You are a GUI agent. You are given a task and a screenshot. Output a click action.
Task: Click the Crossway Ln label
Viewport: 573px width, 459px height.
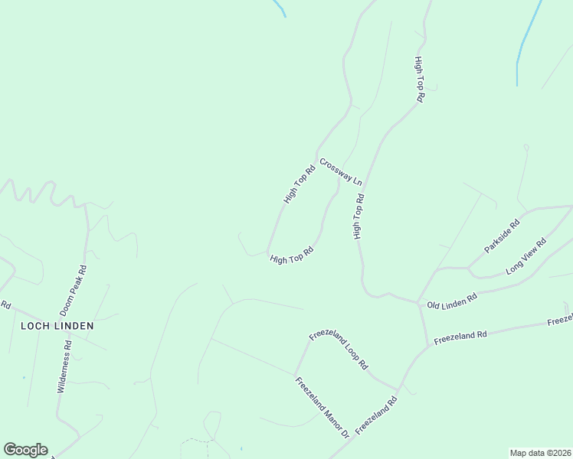(341, 171)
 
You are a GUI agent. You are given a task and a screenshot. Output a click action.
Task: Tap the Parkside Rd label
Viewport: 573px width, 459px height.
(502, 236)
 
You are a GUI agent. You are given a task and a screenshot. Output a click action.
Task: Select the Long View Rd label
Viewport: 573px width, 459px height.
(526, 257)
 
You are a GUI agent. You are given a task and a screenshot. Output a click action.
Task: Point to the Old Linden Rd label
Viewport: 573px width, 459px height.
(452, 298)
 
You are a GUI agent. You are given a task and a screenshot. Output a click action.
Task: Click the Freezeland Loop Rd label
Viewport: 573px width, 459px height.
(339, 351)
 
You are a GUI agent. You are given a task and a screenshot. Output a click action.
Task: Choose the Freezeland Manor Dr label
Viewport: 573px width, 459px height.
(323, 409)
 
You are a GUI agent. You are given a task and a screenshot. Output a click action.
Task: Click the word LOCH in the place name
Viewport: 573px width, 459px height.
(35, 326)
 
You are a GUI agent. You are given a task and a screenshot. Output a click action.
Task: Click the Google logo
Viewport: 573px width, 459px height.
(25, 450)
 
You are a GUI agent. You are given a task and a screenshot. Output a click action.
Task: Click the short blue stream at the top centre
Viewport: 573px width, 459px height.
(280, 8)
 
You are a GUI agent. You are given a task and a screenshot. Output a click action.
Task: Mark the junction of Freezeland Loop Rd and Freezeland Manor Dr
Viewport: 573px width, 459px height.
(295, 376)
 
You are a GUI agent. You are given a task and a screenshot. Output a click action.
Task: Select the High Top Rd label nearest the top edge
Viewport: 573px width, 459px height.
(419, 80)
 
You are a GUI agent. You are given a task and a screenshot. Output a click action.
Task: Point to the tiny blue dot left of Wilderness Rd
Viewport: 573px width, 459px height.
(24, 377)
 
